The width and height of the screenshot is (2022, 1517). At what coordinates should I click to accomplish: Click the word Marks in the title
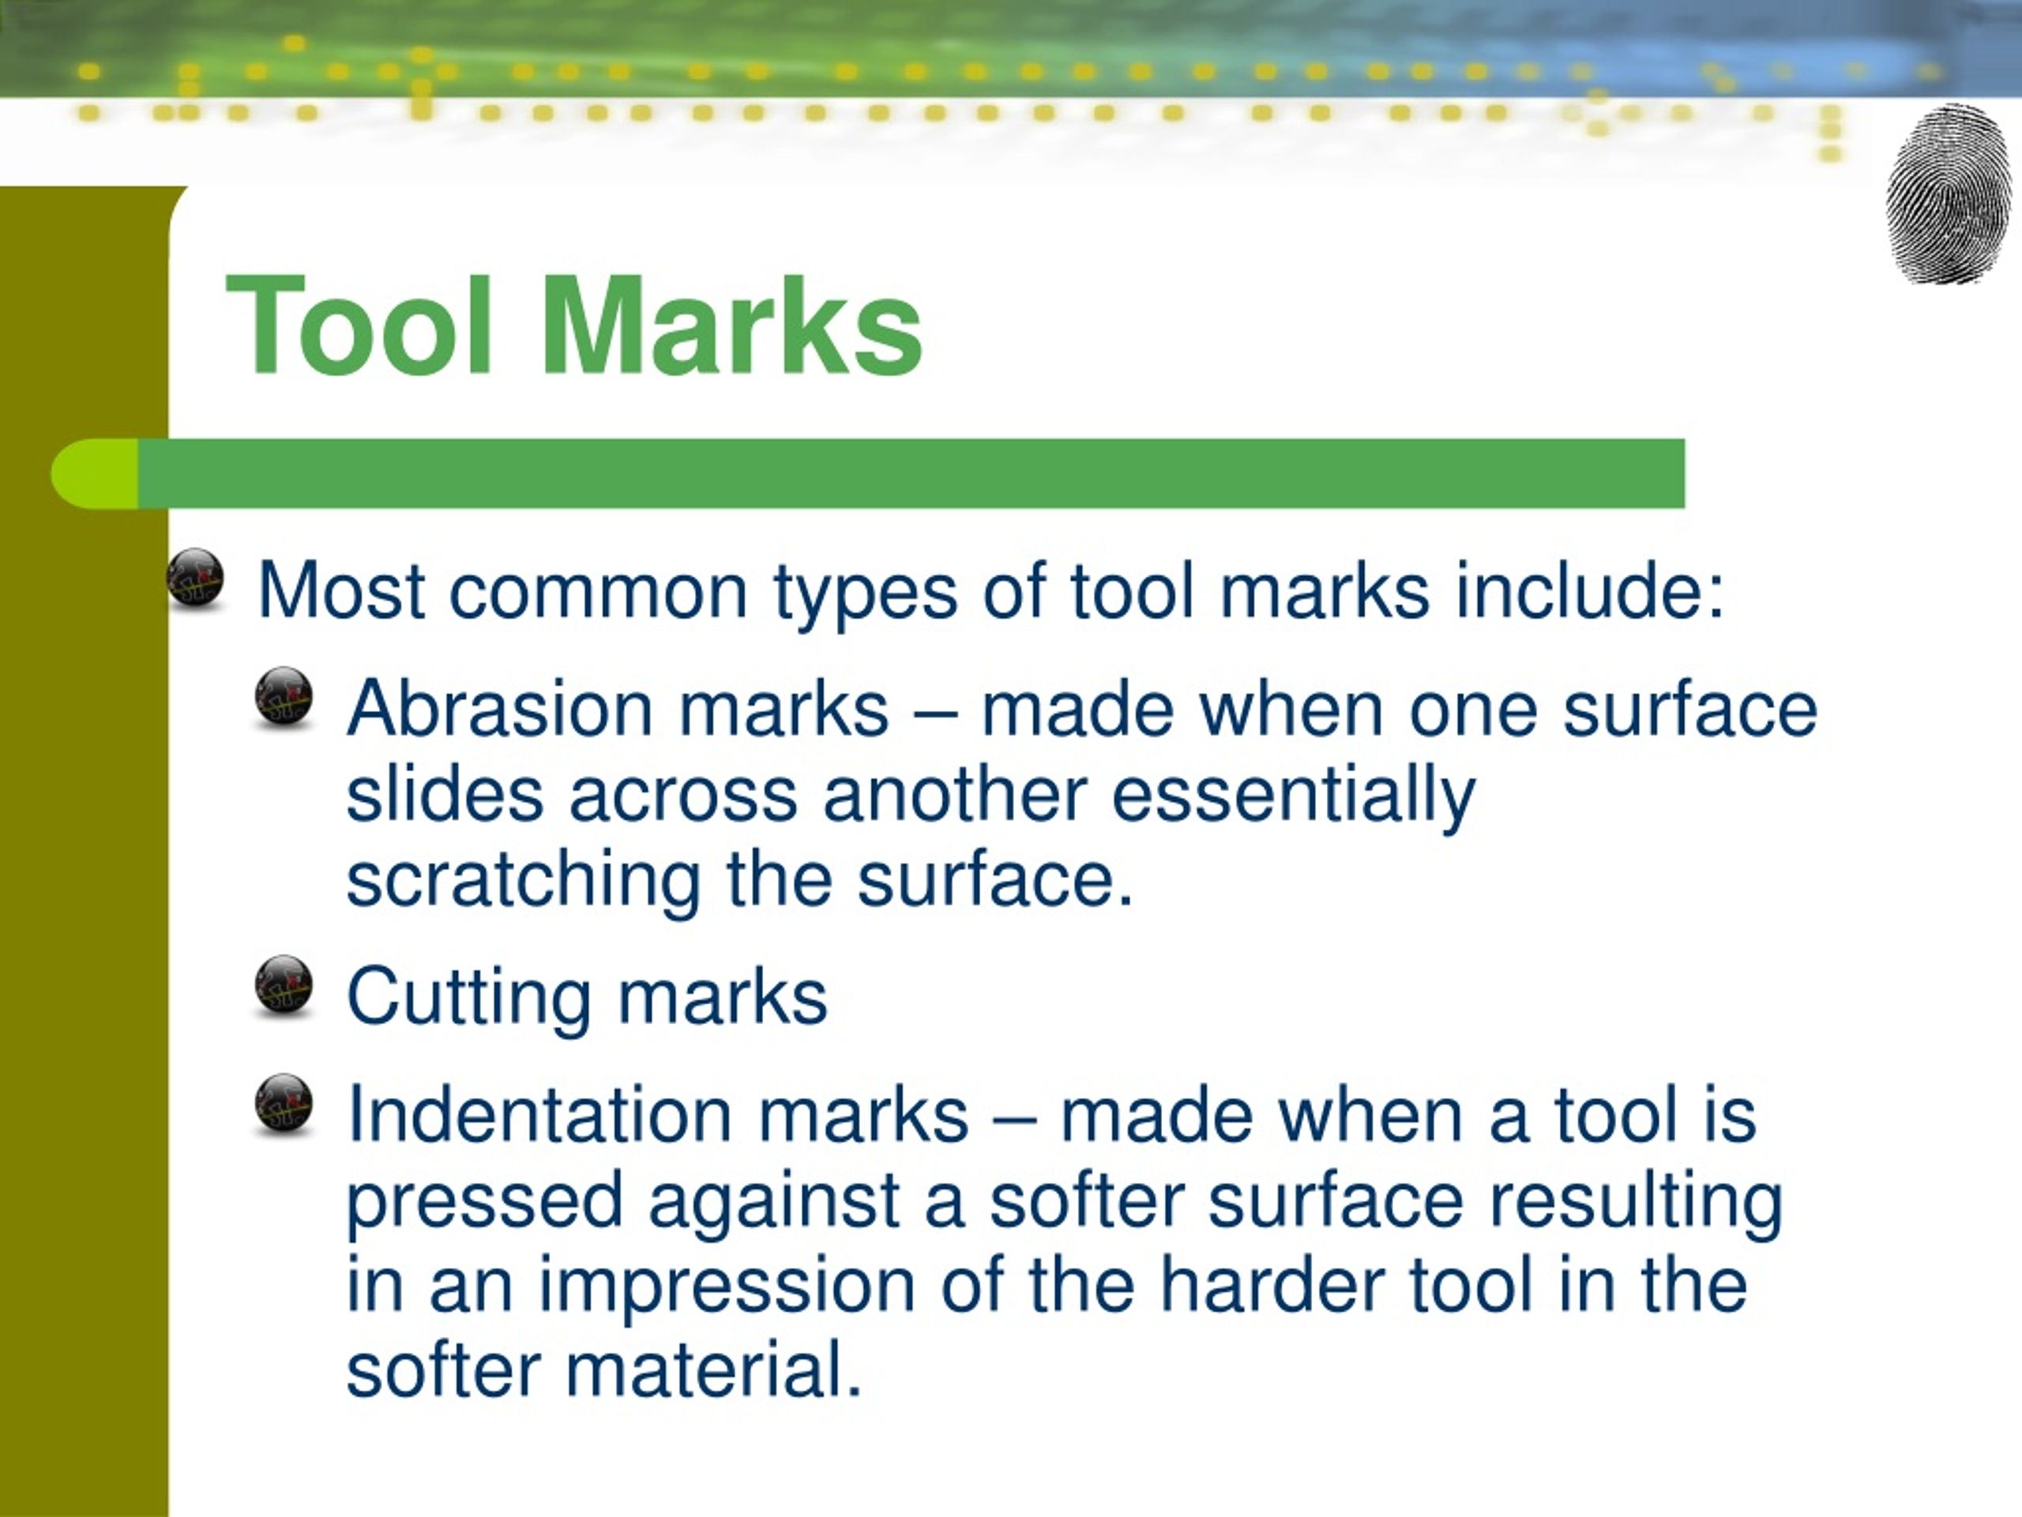pos(732,326)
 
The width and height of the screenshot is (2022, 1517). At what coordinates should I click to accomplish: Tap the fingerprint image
pos(1948,194)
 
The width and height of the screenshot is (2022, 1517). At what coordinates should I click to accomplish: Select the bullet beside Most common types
pos(196,577)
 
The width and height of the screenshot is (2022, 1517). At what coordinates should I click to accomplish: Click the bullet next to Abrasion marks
pos(284,696)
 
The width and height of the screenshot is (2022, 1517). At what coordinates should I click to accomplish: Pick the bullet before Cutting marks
pos(284,986)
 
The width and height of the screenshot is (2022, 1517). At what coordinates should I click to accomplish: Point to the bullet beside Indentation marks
pos(284,1104)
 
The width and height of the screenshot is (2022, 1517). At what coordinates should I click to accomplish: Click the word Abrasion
pos(499,709)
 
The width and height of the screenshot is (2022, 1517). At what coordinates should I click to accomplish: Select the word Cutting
pos(469,996)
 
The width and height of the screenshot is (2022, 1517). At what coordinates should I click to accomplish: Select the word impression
pos(727,1285)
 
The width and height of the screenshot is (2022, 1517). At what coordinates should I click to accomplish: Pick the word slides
pos(445,795)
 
